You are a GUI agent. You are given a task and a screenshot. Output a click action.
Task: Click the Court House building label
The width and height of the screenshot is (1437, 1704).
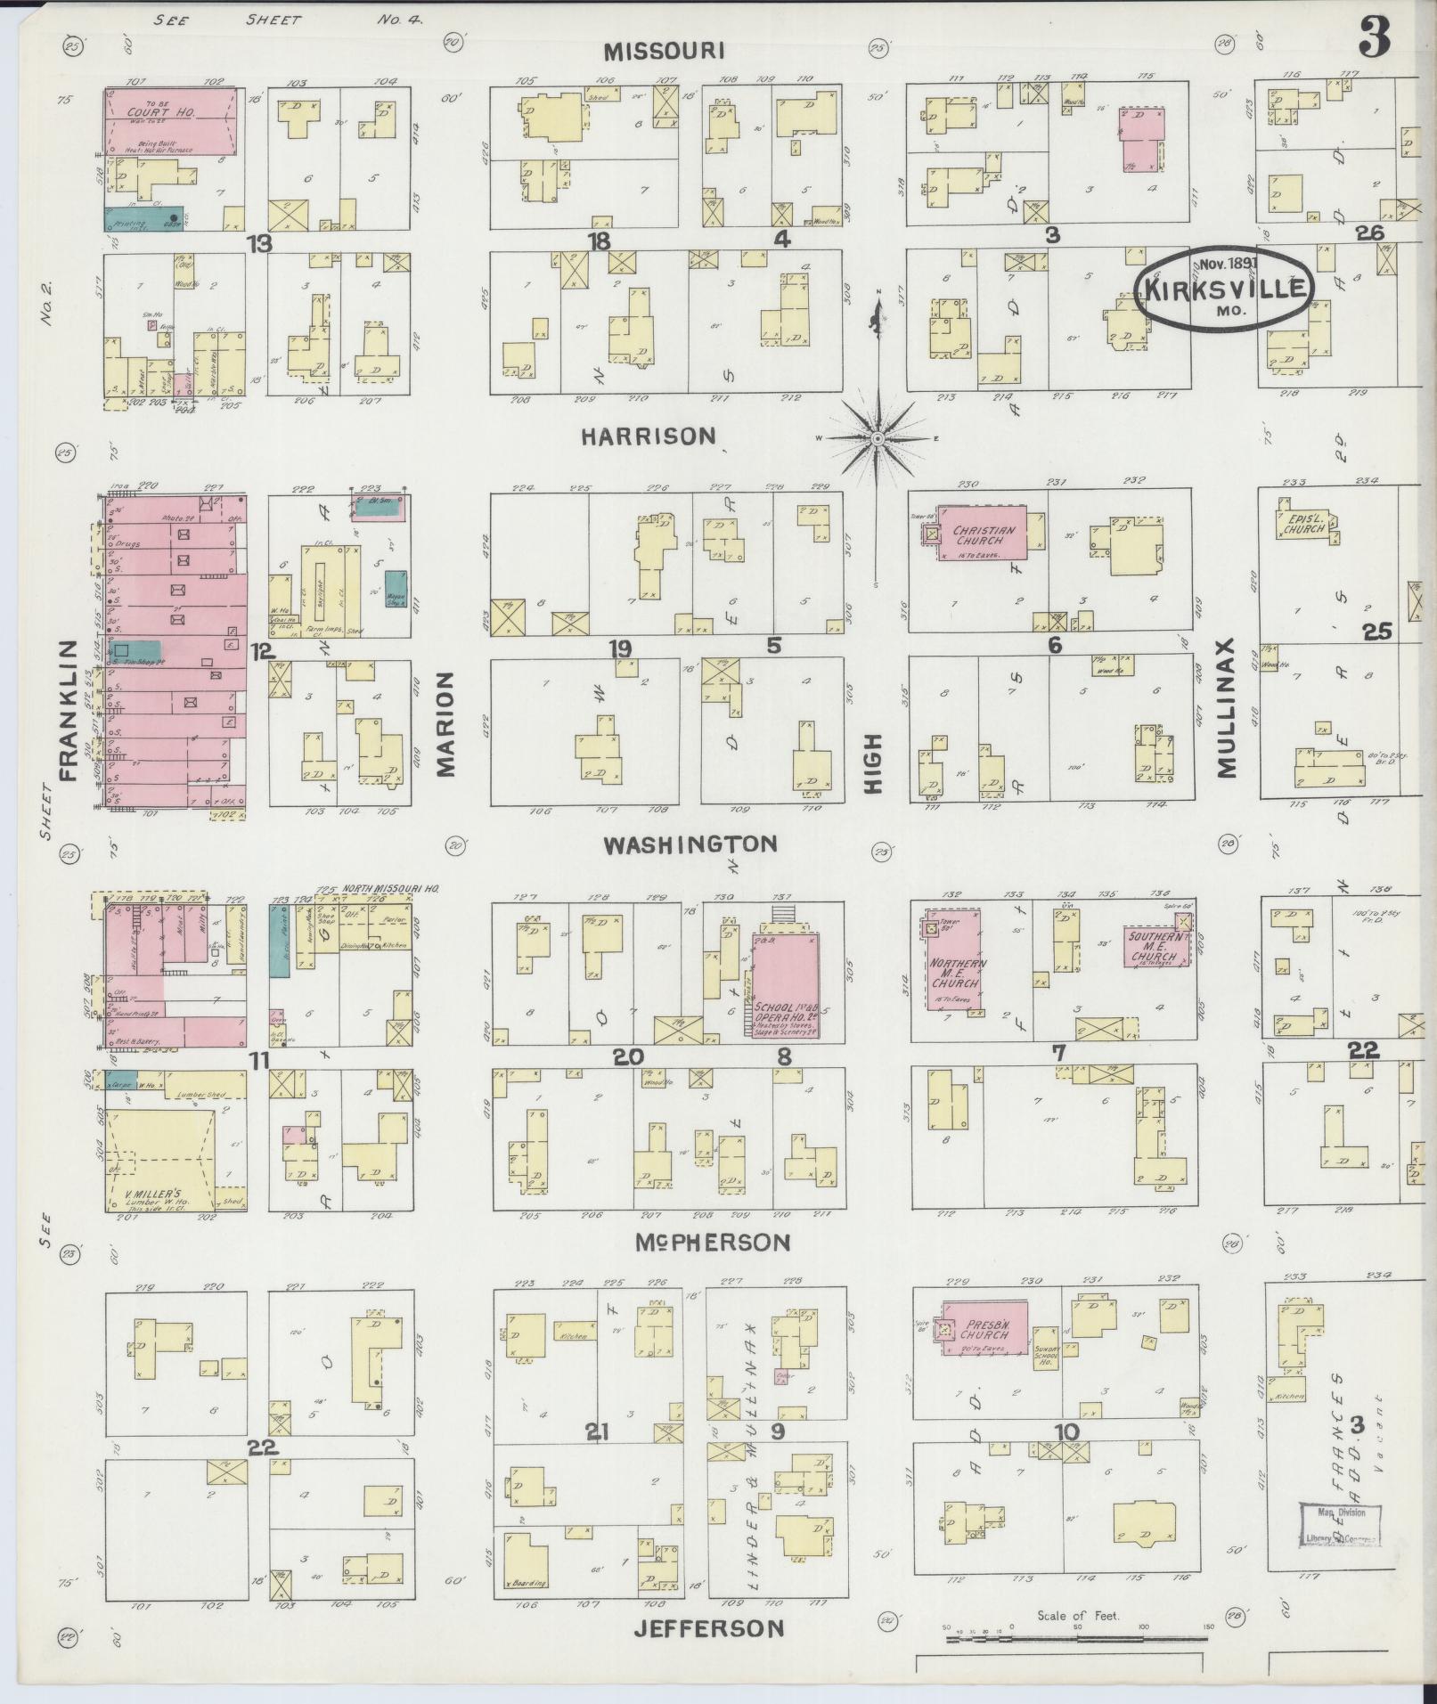click(148, 112)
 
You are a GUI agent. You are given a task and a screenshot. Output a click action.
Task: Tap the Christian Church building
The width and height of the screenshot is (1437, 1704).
click(980, 534)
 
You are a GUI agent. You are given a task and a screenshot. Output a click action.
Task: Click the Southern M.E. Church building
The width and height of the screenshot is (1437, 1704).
click(1157, 945)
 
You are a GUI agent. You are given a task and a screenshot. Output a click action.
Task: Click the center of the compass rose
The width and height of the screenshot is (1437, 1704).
click(878, 438)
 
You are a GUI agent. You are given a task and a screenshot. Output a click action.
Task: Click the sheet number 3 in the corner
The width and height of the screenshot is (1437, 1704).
click(1375, 39)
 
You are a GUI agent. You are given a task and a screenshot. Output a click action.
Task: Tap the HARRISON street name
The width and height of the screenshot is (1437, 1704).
click(649, 436)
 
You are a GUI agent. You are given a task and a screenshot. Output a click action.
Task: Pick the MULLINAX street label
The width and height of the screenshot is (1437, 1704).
click(1227, 708)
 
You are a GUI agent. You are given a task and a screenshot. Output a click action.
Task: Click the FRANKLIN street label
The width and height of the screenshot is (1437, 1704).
click(68, 709)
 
